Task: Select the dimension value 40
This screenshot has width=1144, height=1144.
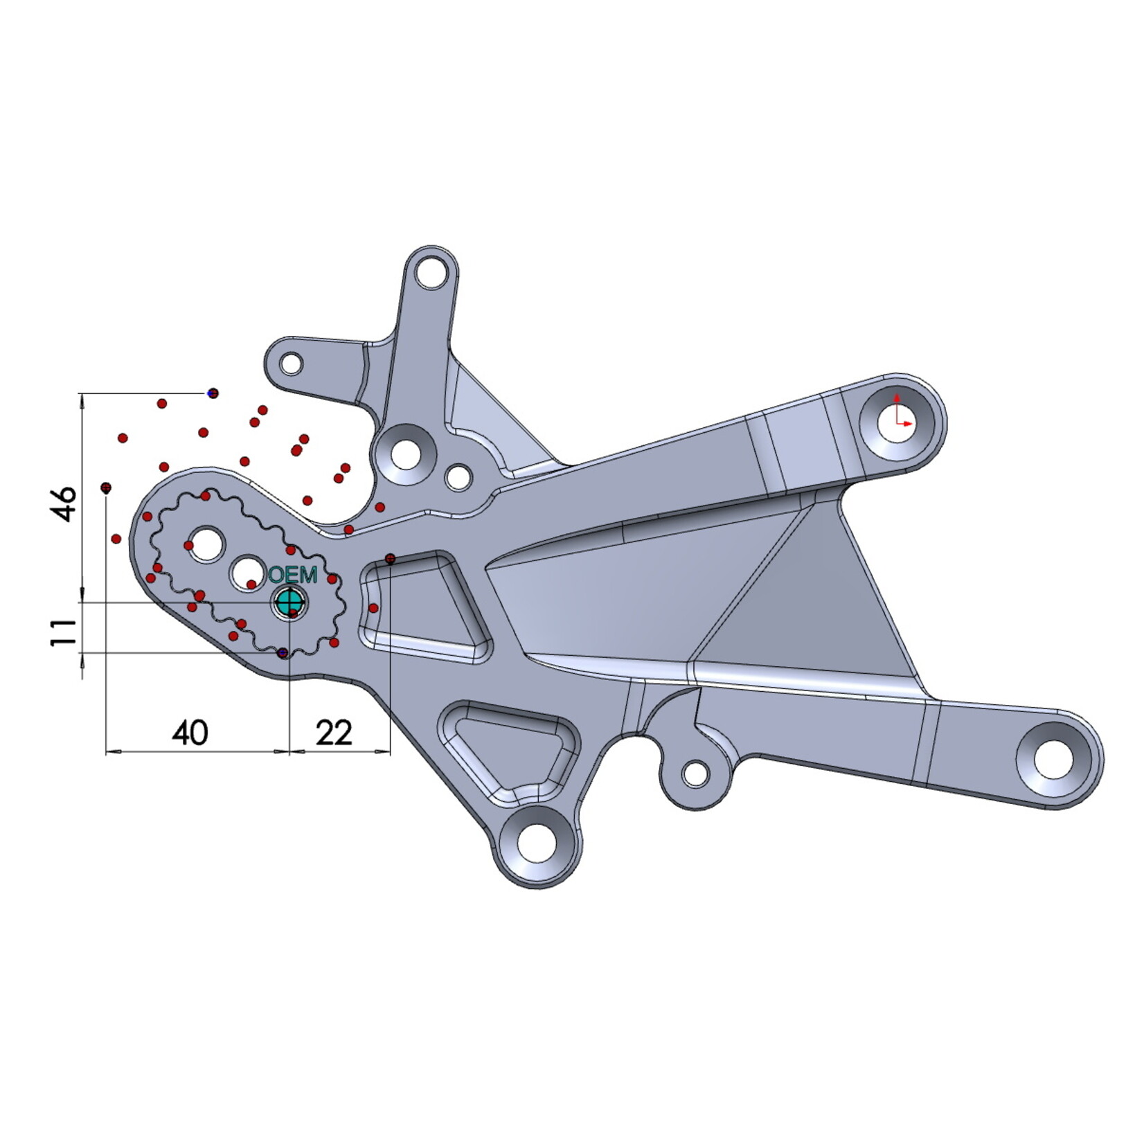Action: [190, 733]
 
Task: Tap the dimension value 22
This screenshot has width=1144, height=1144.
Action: [334, 733]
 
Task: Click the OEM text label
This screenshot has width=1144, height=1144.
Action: [293, 574]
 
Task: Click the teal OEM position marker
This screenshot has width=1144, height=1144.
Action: [289, 602]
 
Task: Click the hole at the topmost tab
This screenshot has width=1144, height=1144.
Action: [433, 272]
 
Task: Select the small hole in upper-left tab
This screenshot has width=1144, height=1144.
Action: [292, 364]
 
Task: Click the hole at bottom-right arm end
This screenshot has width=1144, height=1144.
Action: [1053, 758]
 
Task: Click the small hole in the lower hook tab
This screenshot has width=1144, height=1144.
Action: [695, 774]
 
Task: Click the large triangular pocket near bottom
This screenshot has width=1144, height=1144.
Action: [509, 751]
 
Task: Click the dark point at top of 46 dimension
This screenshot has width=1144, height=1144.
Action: [213, 393]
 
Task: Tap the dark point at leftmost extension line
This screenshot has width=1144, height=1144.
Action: [106, 488]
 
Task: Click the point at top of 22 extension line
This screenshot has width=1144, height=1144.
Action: [390, 558]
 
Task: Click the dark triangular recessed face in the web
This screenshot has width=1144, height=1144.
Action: [817, 609]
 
